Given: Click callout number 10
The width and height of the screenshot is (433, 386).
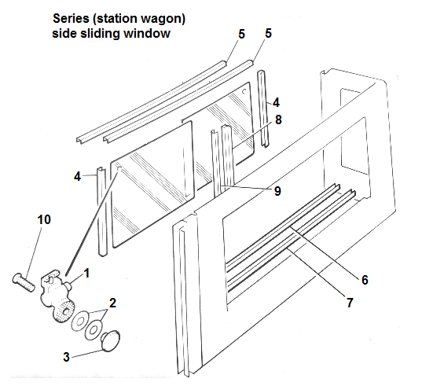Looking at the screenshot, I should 44,220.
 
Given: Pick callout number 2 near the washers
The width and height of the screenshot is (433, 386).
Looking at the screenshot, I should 113,302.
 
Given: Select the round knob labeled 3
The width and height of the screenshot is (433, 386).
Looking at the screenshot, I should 112,339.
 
